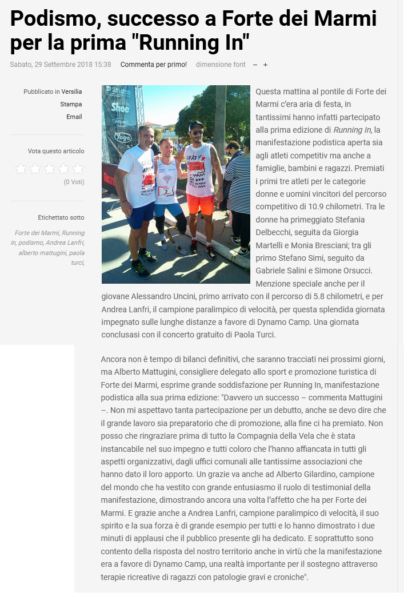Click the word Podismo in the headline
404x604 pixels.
point(49,18)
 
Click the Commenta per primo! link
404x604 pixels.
point(153,65)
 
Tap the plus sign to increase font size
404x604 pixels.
point(265,65)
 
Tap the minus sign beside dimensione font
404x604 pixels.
point(255,65)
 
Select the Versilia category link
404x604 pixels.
point(72,92)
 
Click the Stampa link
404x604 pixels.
point(71,104)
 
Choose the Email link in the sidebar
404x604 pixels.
point(74,117)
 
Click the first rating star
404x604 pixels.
point(21,169)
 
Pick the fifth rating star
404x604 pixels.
point(78,169)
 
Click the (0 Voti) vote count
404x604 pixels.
point(74,182)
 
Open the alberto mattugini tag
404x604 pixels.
point(42,252)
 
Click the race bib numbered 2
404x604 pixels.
point(166,191)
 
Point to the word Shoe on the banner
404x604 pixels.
point(120,107)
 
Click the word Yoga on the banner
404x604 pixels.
point(122,137)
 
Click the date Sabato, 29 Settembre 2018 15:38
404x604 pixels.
point(61,65)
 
